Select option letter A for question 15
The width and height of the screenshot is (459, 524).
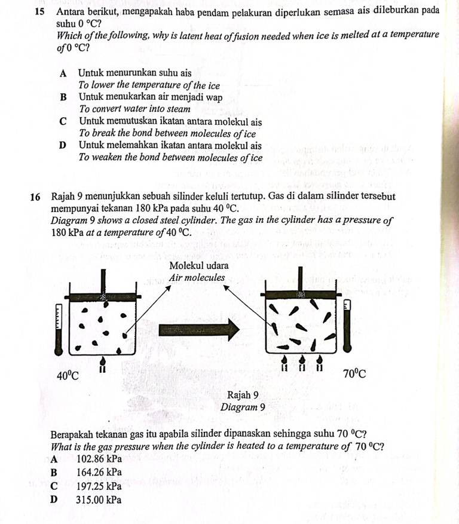[x=63, y=73]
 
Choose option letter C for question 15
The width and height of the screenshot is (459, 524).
[x=63, y=121]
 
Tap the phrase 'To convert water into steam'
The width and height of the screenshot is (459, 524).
[x=134, y=109]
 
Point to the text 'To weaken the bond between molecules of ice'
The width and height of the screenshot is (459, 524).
[x=170, y=158]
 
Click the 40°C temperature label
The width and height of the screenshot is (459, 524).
[x=68, y=375]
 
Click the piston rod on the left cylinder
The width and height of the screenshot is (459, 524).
[x=103, y=281]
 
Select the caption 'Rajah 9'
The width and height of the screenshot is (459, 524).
[x=243, y=395]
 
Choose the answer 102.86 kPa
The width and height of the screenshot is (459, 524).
[x=99, y=459]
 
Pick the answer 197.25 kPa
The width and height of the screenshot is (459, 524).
[x=99, y=486]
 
